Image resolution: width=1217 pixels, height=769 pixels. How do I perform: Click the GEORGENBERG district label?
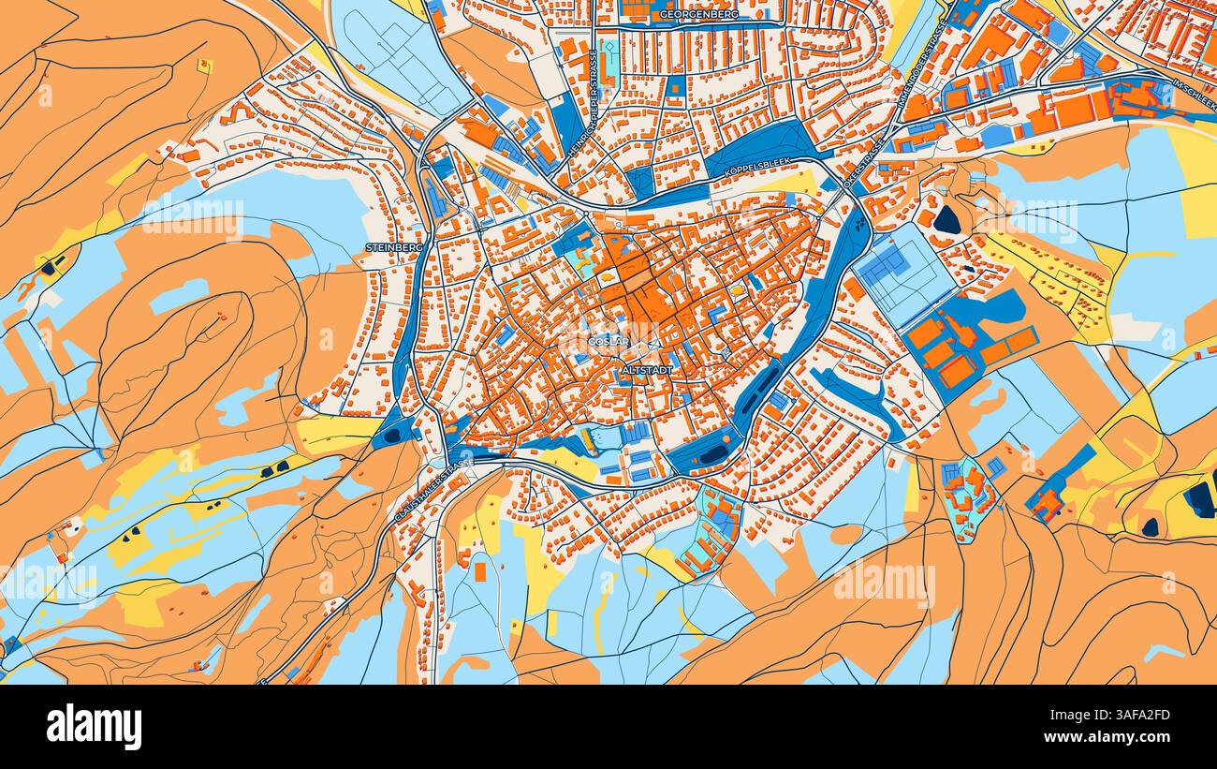[x=698, y=15]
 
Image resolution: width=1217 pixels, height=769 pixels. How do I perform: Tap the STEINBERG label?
[x=394, y=247]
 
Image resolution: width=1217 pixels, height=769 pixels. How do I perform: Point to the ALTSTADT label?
[x=646, y=372]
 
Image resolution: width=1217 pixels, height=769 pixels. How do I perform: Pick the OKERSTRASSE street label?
[x=863, y=164]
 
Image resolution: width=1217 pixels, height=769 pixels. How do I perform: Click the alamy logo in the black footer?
[x=94, y=727]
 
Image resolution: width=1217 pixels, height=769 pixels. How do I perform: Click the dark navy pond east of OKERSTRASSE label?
[x=947, y=219]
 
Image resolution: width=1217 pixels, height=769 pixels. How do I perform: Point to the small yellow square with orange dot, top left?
[x=203, y=66]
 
